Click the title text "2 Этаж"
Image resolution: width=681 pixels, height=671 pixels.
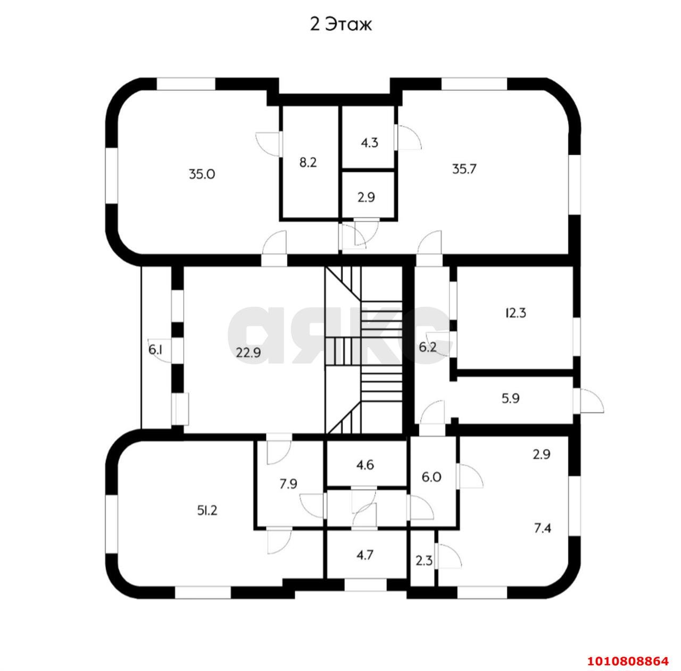point(340,25)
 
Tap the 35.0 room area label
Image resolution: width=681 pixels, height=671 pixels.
point(202,174)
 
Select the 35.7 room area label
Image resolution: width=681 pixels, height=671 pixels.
point(464,169)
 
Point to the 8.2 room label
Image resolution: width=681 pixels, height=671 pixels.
point(308,163)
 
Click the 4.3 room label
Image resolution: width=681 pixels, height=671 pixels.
point(369,142)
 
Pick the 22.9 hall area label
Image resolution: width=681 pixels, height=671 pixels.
point(248,353)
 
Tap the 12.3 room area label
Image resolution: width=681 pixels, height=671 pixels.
point(516,313)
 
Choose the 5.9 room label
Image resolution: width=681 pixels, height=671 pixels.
point(510,399)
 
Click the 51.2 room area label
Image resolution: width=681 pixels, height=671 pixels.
point(207,510)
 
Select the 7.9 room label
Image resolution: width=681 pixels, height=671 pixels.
point(288,484)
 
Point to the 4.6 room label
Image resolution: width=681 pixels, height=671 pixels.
point(365,465)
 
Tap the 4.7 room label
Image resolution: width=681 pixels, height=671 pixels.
point(364,555)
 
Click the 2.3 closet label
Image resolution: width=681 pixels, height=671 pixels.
point(423,560)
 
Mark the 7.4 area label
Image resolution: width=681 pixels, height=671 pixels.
point(543,529)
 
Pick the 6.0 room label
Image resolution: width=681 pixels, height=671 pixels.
point(431,477)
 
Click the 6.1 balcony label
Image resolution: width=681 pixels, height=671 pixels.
point(155,350)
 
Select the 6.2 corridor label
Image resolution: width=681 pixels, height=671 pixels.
point(428,347)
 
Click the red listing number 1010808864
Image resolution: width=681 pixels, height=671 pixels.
point(628,661)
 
